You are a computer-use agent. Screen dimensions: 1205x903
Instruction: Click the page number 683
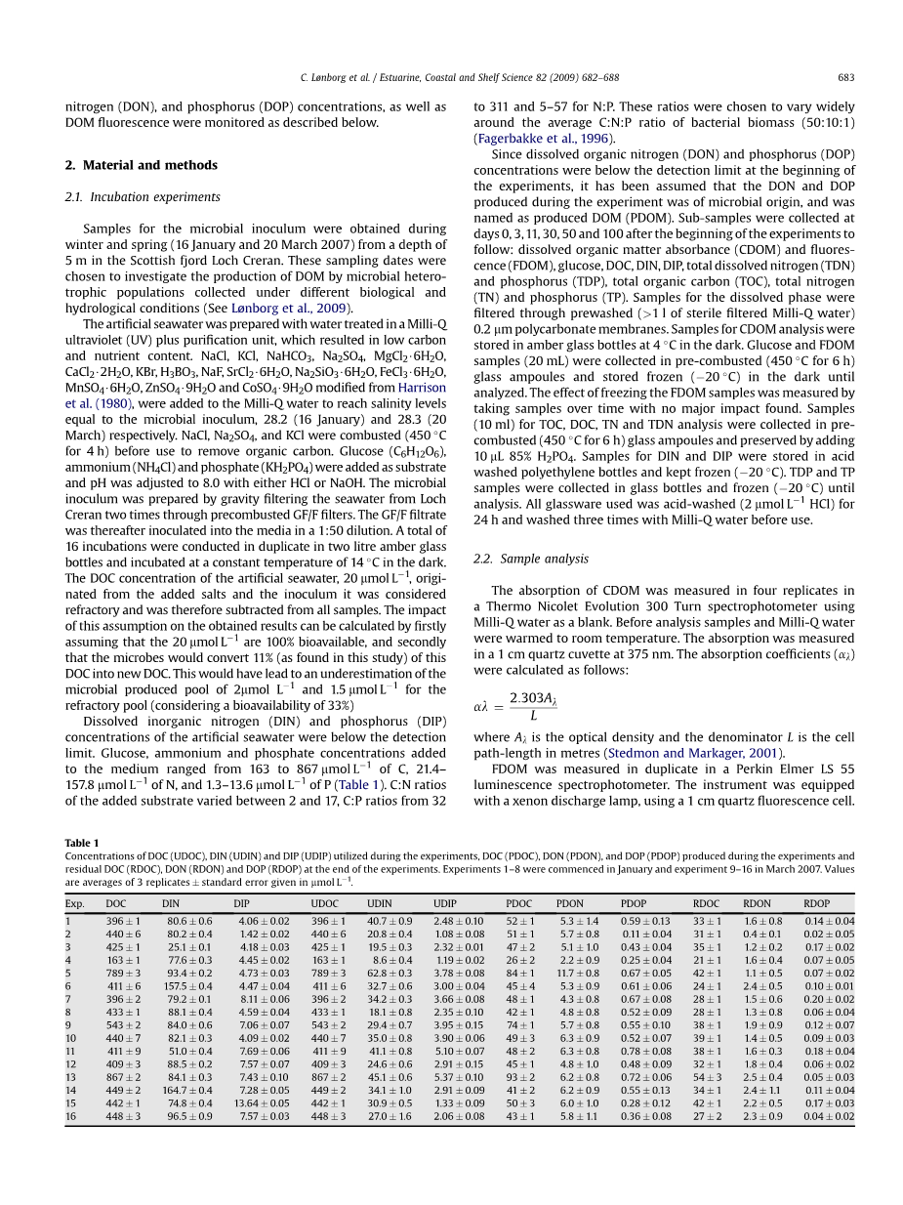[845, 78]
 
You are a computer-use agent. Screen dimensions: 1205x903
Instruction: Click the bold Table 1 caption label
[82, 843]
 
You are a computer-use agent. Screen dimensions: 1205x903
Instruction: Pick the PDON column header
[570, 904]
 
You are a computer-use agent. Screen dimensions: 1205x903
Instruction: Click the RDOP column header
[817, 904]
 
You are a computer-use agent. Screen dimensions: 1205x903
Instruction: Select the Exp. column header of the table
[75, 904]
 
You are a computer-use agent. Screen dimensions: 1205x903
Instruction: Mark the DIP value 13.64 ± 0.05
[262, 1103]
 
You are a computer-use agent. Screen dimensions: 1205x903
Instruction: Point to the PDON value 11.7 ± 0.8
[579, 974]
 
